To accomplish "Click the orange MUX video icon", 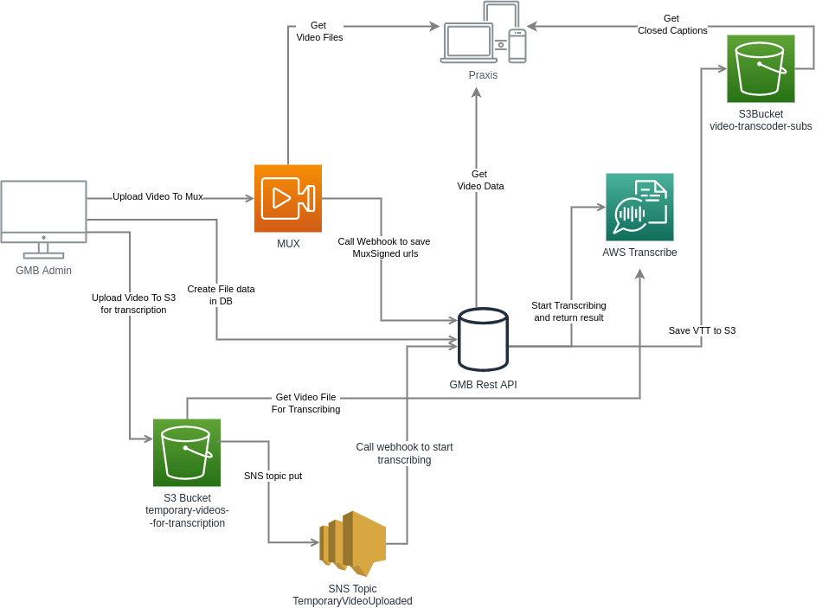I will (287, 198).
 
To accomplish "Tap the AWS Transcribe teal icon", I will (639, 207).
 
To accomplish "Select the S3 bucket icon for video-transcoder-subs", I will (761, 68).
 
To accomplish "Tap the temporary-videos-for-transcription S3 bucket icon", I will (187, 452).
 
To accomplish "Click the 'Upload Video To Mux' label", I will (157, 196).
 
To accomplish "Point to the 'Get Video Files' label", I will (319, 31).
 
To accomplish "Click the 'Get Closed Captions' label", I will (672, 24).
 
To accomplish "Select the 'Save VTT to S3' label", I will (702, 330).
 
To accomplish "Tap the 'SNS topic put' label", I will (273, 476).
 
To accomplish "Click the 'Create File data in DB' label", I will (221, 295).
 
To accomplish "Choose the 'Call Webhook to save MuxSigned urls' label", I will (384, 247).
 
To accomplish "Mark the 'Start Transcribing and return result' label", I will (569, 311).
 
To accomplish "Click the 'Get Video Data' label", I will (479, 180).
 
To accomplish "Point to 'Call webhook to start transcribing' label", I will (404, 453).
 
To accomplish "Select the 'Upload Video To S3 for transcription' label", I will (133, 303).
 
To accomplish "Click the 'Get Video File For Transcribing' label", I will (306, 403).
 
